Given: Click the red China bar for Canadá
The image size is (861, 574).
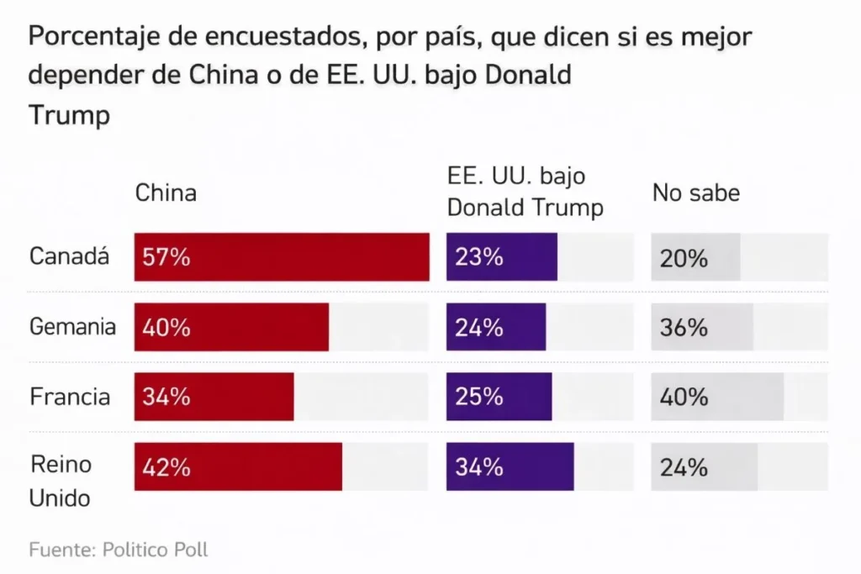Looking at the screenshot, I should tap(282, 257).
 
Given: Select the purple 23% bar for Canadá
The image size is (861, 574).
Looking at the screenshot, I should tap(501, 257).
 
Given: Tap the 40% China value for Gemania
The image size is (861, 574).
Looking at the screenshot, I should tap(166, 327).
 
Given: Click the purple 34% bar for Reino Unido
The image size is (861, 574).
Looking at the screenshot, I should tap(510, 466).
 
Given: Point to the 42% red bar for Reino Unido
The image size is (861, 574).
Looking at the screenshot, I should tap(238, 466).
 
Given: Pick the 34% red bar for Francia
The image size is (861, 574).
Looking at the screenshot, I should tap(214, 397).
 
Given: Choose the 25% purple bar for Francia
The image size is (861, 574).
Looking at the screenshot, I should tap(499, 397).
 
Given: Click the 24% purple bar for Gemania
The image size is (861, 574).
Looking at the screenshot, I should tap(495, 327).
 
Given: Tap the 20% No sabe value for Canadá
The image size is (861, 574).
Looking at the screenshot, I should tap(684, 258).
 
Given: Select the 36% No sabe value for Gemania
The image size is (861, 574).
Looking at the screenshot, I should tap(684, 327).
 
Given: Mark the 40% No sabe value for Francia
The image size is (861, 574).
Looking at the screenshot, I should tap(684, 397).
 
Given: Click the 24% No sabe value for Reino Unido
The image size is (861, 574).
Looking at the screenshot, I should tap(684, 466).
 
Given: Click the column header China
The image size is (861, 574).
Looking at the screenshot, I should tap(166, 192).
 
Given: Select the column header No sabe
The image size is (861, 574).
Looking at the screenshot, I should tap(695, 192).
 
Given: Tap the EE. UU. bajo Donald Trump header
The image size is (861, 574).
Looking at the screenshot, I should tap(525, 192).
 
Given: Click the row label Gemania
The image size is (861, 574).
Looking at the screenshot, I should tap(72, 327).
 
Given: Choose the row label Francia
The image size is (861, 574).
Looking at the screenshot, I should tap(70, 397).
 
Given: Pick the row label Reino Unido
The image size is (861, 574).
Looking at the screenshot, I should tap(61, 480).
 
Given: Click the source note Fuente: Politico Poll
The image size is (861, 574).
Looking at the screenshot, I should tap(119, 550).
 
